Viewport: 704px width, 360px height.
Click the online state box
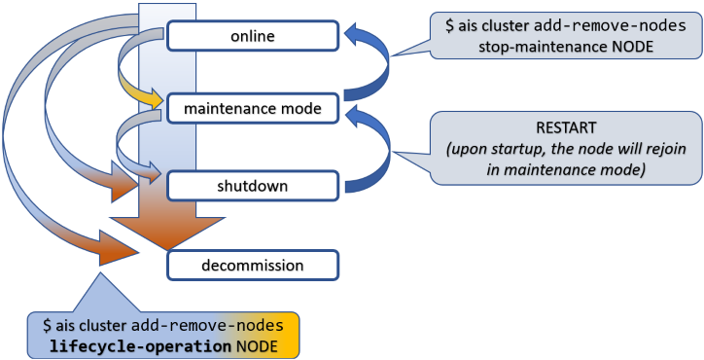253,36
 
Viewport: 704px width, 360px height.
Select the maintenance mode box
253,109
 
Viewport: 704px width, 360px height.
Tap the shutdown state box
253,184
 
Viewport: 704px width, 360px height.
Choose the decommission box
253,265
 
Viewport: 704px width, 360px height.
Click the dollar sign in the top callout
449,25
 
